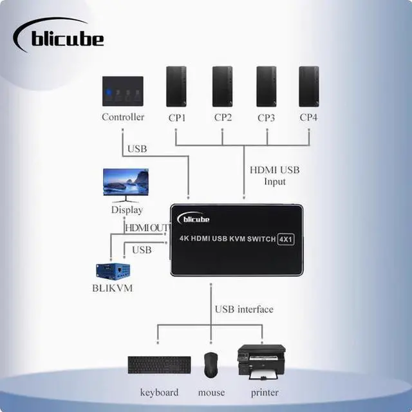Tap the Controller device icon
(x=122, y=92)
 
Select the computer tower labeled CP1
(x=176, y=86)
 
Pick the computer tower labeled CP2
(x=222, y=86)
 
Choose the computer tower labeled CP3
(x=267, y=86)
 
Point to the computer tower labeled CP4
(x=309, y=86)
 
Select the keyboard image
(x=159, y=365)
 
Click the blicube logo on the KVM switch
(x=194, y=220)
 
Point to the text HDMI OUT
(x=147, y=228)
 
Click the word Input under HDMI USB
(x=274, y=182)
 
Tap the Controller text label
(x=123, y=117)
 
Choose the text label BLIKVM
(x=112, y=288)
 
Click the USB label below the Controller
(x=137, y=149)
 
